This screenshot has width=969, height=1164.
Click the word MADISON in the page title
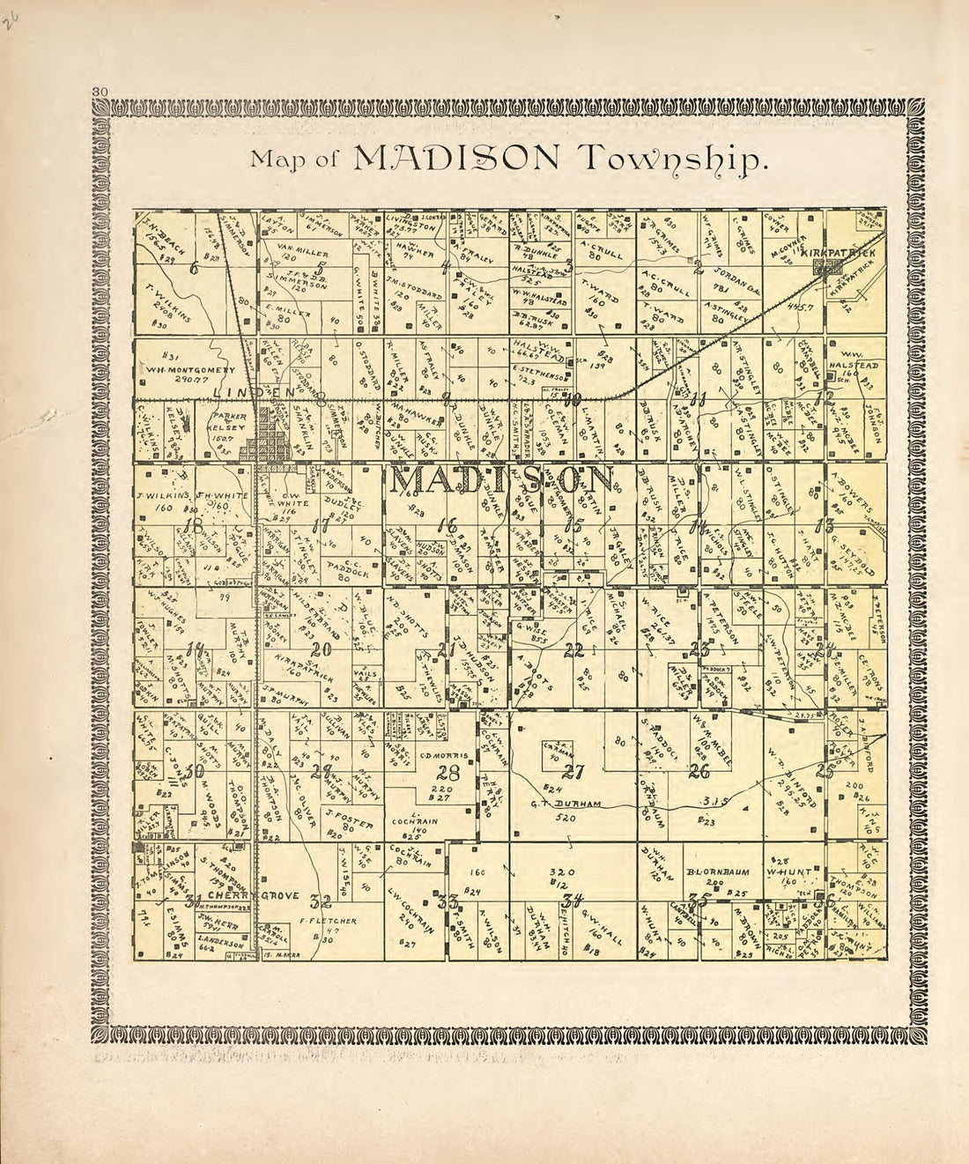[x=456, y=157]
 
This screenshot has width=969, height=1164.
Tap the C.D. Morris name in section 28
[x=442, y=756]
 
